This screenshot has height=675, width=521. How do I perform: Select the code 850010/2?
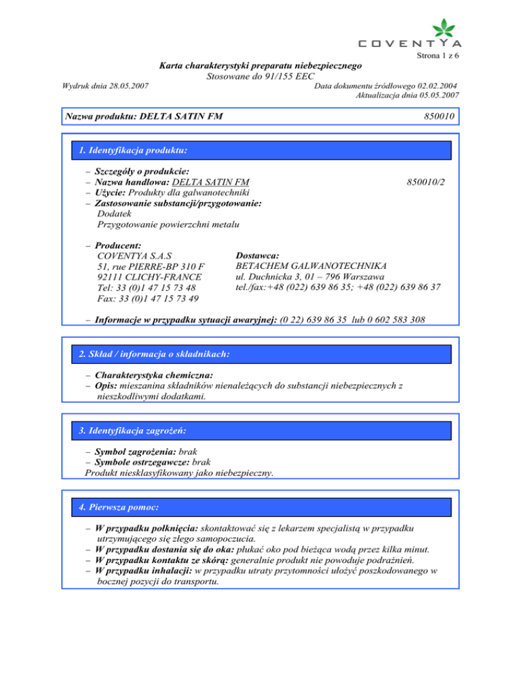pyautogui.click(x=425, y=182)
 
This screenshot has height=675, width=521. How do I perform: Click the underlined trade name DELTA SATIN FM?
pyautogui.click(x=211, y=182)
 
